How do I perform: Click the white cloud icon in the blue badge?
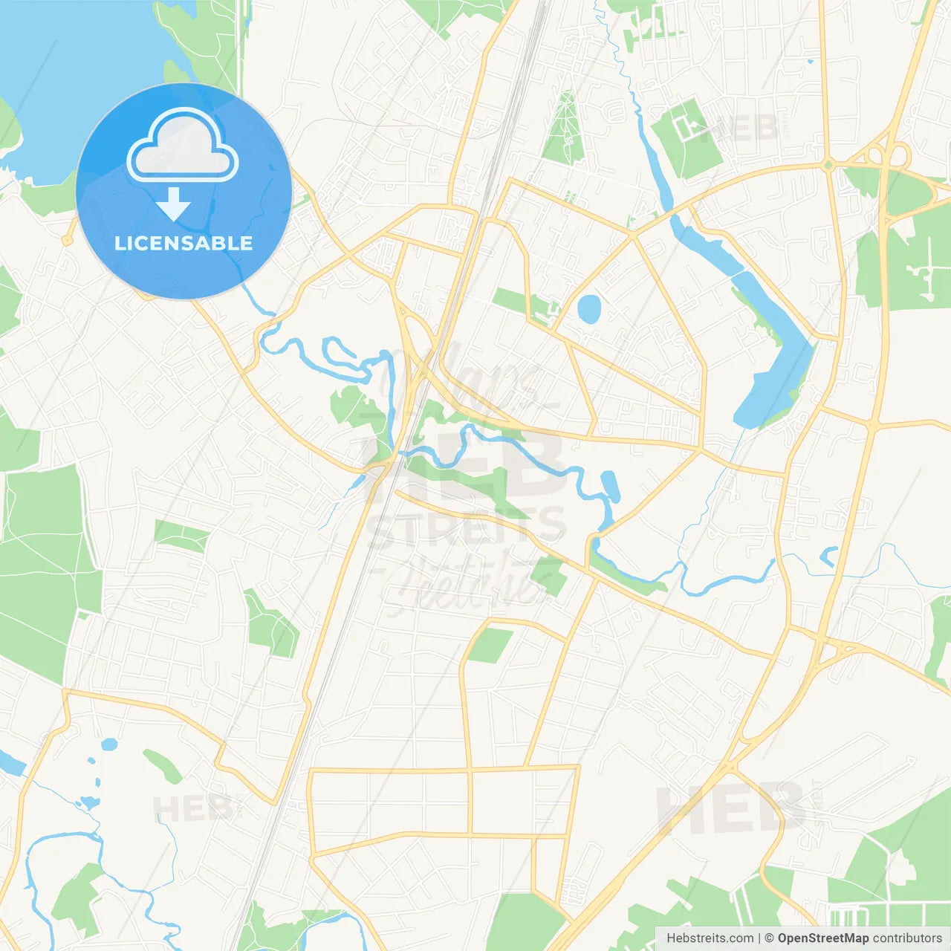183,146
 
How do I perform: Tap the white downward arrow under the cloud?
174,204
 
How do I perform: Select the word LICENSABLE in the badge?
184,243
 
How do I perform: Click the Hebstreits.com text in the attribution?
710,938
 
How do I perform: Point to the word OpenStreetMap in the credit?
822,938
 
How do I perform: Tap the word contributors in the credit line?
907,938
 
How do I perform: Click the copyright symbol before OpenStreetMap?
769,938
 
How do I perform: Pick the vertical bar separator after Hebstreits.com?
759,938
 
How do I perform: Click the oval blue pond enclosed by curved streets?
588,309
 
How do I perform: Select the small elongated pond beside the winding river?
610,485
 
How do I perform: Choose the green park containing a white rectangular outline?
687,137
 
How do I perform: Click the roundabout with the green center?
828,165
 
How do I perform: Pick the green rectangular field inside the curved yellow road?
490,645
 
